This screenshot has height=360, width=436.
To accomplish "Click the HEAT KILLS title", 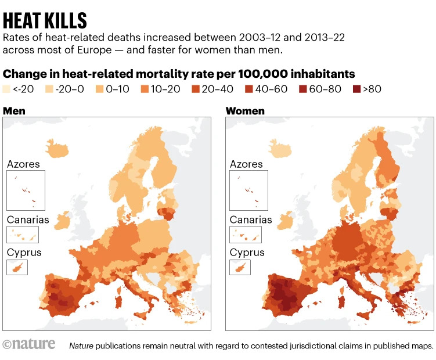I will click(45, 20).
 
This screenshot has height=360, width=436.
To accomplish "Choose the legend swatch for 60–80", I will click(303, 90).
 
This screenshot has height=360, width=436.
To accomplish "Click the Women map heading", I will click(245, 110).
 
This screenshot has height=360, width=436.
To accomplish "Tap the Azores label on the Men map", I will click(23, 164).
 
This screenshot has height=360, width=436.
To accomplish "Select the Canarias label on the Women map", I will click(251, 220).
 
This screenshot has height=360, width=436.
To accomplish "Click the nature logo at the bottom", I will click(29, 344).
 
